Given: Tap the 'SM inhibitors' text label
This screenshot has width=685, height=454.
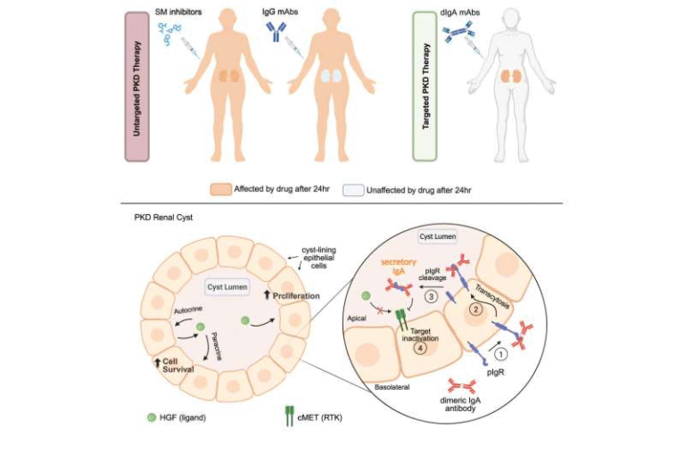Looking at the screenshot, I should pyautogui.click(x=177, y=11).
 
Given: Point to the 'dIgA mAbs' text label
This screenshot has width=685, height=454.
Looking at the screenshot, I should pyautogui.click(x=466, y=11).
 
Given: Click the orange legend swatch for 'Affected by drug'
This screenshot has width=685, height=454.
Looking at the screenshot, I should pyautogui.click(x=220, y=189).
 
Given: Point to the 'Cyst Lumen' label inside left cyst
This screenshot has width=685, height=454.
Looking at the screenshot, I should pyautogui.click(x=227, y=287).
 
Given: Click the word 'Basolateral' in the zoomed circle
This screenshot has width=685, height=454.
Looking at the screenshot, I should pyautogui.click(x=388, y=390).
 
